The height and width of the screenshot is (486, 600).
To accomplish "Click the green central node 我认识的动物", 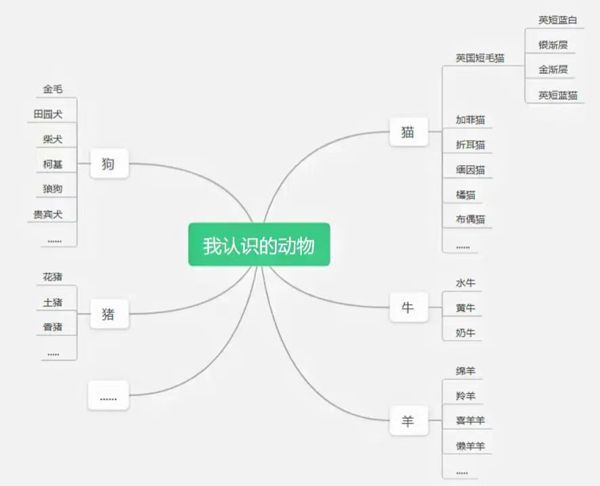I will (x=259, y=244).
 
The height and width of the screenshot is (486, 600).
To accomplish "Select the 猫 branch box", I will (x=408, y=132).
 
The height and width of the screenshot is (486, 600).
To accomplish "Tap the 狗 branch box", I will (x=109, y=164).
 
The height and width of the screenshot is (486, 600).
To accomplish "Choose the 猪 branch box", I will (x=109, y=314).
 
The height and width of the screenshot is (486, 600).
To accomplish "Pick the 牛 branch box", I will (x=408, y=307).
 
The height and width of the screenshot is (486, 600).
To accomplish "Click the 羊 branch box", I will (x=408, y=422).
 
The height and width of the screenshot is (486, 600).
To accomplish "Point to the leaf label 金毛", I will (x=53, y=89).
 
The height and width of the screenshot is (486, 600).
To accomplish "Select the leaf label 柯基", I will (x=53, y=164).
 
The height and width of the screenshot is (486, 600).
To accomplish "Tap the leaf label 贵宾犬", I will (x=48, y=214).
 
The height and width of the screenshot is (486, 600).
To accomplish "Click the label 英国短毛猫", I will (x=480, y=58).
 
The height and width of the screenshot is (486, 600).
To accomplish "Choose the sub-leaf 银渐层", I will (x=553, y=45).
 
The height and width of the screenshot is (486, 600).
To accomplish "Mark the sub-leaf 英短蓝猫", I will (x=558, y=95).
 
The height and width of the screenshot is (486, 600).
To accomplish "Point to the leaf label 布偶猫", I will (x=470, y=219).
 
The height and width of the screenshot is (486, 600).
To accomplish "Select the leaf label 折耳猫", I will (x=470, y=145).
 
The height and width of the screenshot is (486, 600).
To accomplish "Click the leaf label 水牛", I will (x=466, y=283).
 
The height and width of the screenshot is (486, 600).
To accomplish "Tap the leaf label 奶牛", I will (x=466, y=333).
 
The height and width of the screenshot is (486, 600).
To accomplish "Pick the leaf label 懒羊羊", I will (x=470, y=446).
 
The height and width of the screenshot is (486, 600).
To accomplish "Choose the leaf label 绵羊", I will (x=466, y=371).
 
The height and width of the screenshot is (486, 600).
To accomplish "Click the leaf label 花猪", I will (x=53, y=277).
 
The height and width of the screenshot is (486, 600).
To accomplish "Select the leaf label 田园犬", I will (x=48, y=114).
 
